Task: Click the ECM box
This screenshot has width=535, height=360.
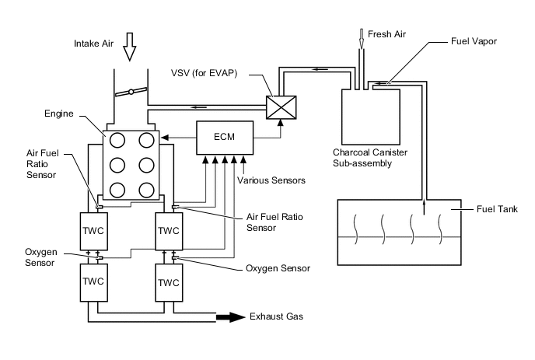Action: pyautogui.click(x=225, y=138)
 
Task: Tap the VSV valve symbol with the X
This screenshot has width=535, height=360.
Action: pyautogui.click(x=281, y=107)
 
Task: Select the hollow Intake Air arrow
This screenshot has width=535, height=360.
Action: pyautogui.click(x=130, y=47)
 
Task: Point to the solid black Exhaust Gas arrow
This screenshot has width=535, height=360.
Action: pyautogui.click(x=231, y=317)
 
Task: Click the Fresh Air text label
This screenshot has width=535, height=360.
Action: pyautogui.click(x=386, y=34)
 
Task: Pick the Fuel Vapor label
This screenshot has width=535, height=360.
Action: pyautogui.click(x=474, y=42)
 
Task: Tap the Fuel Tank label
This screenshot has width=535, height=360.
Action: pyautogui.click(x=497, y=209)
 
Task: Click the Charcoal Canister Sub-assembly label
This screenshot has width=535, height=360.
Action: pyautogui.click(x=370, y=158)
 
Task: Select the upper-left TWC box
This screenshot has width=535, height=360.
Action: pyautogui.click(x=94, y=232)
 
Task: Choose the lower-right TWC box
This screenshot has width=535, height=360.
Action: pyautogui.click(x=169, y=282)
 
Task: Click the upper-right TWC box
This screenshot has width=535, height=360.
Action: pyautogui.click(x=169, y=232)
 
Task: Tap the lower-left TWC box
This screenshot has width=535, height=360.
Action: pyautogui.click(x=94, y=282)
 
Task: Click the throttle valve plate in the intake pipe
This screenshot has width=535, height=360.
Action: pyautogui.click(x=131, y=92)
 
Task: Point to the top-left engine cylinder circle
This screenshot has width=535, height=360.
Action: pyautogui.click(x=117, y=140)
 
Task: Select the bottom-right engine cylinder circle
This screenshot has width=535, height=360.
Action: pyautogui.click(x=146, y=190)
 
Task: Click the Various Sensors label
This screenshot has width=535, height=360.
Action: pyautogui.click(x=271, y=180)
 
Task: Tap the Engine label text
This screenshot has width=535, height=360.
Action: pyautogui.click(x=59, y=114)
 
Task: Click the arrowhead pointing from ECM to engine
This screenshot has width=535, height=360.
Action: pyautogui.click(x=165, y=138)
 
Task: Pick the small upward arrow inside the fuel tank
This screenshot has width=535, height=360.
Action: pyautogui.click(x=424, y=208)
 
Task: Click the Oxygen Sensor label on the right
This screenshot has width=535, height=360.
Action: pyautogui.click(x=278, y=268)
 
